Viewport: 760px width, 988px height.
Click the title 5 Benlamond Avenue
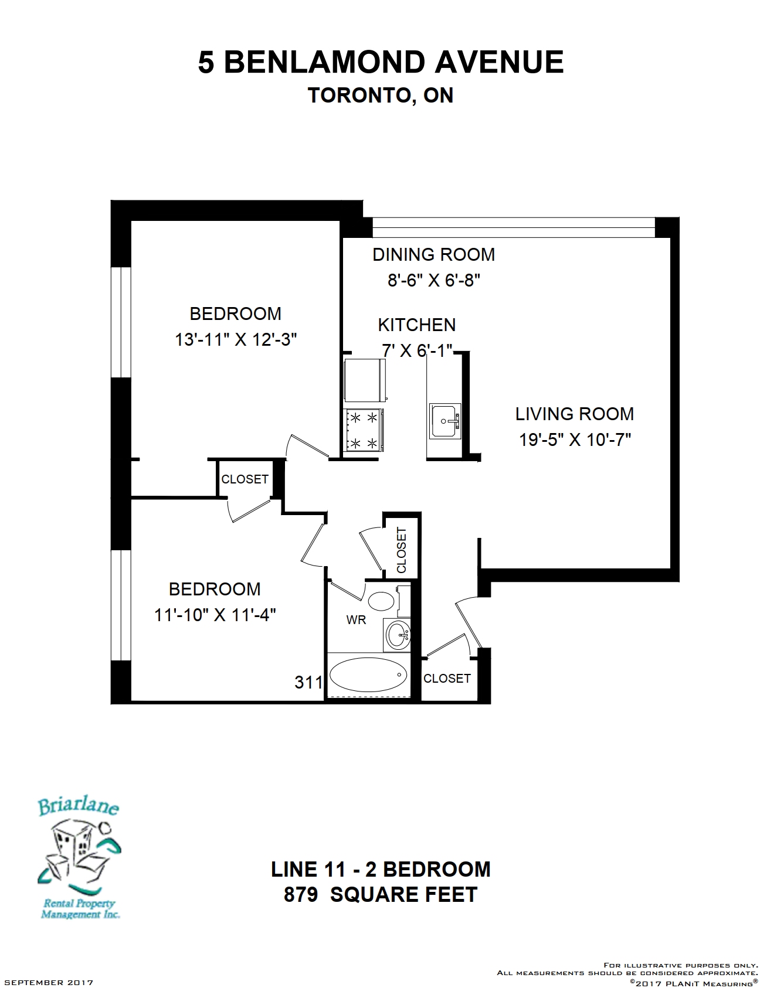(x=381, y=62)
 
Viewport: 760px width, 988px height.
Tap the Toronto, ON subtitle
(x=381, y=96)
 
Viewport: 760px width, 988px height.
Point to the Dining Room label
(x=434, y=254)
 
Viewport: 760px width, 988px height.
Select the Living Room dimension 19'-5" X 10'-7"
(x=575, y=440)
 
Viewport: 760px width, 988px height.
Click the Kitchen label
(x=417, y=325)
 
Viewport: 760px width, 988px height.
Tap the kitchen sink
(x=445, y=421)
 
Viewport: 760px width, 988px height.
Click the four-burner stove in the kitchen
(x=364, y=430)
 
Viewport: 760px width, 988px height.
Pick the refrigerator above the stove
(x=365, y=380)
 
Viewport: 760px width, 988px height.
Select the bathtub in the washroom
(x=368, y=675)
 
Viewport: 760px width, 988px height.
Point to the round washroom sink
(x=398, y=635)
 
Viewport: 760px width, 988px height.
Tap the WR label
(x=356, y=620)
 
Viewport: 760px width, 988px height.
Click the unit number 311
(x=308, y=682)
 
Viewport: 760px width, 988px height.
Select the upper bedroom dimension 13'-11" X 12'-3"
(x=236, y=339)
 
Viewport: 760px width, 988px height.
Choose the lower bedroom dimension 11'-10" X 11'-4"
(x=215, y=615)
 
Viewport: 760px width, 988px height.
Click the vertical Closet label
(x=402, y=550)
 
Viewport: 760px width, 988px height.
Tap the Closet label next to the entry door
(x=447, y=679)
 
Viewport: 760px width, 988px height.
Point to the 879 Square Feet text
(x=381, y=895)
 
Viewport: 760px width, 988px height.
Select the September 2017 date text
(x=49, y=982)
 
